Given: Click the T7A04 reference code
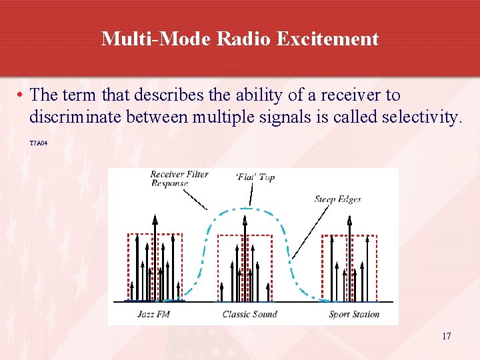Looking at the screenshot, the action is click(39, 143).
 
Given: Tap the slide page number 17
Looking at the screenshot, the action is click(446, 336).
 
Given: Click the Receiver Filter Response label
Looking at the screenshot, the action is click(179, 179).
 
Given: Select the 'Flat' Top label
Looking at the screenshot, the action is click(255, 177).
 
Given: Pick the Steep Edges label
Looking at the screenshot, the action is click(337, 199).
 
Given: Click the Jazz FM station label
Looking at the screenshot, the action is click(153, 314).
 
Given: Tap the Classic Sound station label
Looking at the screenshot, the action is click(249, 314).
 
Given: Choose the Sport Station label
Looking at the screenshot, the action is click(354, 314).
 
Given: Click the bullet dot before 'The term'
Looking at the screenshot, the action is click(21, 96).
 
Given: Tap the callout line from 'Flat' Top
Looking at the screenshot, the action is click(252, 195).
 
